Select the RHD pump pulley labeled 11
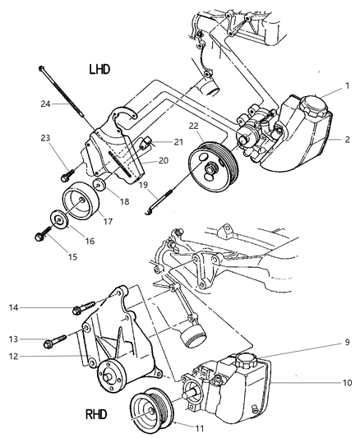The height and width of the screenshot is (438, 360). (x=152, y=405)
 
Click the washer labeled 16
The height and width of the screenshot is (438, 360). (x=58, y=221)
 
